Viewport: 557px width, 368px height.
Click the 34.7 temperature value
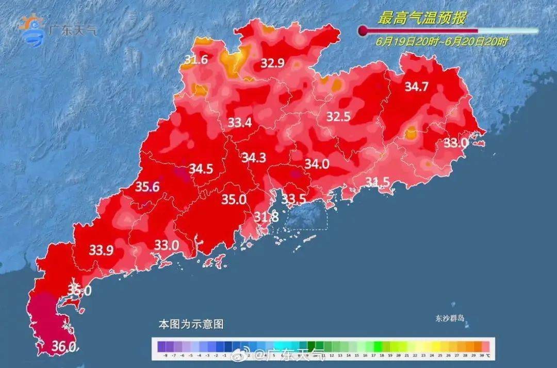click(x=416, y=87)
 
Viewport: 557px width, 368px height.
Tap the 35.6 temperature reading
click(x=147, y=187)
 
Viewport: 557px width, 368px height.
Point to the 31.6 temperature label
click(x=196, y=60)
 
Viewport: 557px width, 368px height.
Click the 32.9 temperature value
click(x=272, y=63)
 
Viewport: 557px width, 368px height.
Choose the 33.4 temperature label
click(x=240, y=123)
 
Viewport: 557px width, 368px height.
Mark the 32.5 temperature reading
click(x=338, y=117)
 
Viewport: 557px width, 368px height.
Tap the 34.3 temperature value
click(x=254, y=157)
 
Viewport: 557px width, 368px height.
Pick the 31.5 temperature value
click(x=378, y=181)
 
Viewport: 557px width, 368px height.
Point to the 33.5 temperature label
click(x=294, y=199)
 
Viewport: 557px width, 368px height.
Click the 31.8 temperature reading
click(x=267, y=217)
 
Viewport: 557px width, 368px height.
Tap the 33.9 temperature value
click(x=102, y=250)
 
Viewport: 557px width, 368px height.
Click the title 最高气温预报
click(x=422, y=19)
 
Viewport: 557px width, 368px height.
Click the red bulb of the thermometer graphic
click(x=363, y=31)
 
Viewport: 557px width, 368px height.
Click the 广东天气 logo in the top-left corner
click(x=57, y=28)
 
